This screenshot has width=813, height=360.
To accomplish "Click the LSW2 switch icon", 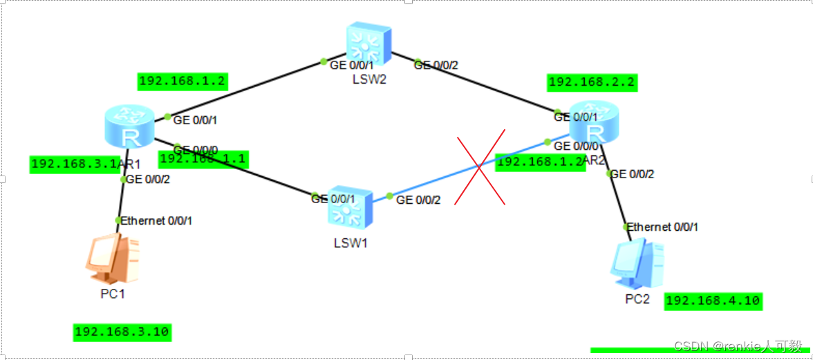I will click(x=368, y=44).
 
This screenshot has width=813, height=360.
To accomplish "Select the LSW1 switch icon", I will click(x=350, y=207).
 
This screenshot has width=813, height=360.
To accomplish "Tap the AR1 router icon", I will click(x=128, y=127).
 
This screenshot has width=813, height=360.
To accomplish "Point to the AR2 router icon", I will click(x=592, y=124).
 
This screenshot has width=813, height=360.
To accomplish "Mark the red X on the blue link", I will click(x=480, y=167).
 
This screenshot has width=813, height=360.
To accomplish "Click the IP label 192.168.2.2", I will click(x=592, y=83).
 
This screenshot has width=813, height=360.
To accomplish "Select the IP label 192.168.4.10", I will click(x=713, y=301).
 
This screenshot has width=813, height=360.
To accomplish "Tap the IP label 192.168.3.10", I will click(x=122, y=332).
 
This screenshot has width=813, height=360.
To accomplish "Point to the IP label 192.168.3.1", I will click(x=73, y=164).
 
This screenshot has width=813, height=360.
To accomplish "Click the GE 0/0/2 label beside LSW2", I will click(x=436, y=65).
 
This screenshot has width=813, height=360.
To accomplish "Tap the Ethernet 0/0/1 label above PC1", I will click(x=156, y=220).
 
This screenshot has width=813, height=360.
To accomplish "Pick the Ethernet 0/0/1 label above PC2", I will click(x=662, y=227).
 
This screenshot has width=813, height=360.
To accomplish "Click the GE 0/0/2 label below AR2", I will click(x=633, y=174).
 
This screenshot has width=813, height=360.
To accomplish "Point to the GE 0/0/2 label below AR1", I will click(x=148, y=180).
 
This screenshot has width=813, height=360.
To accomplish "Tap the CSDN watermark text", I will click(x=738, y=345).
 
